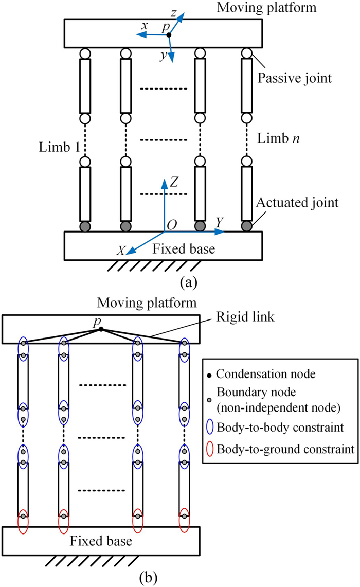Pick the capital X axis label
[121, 250]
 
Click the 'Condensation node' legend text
[259, 372]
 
